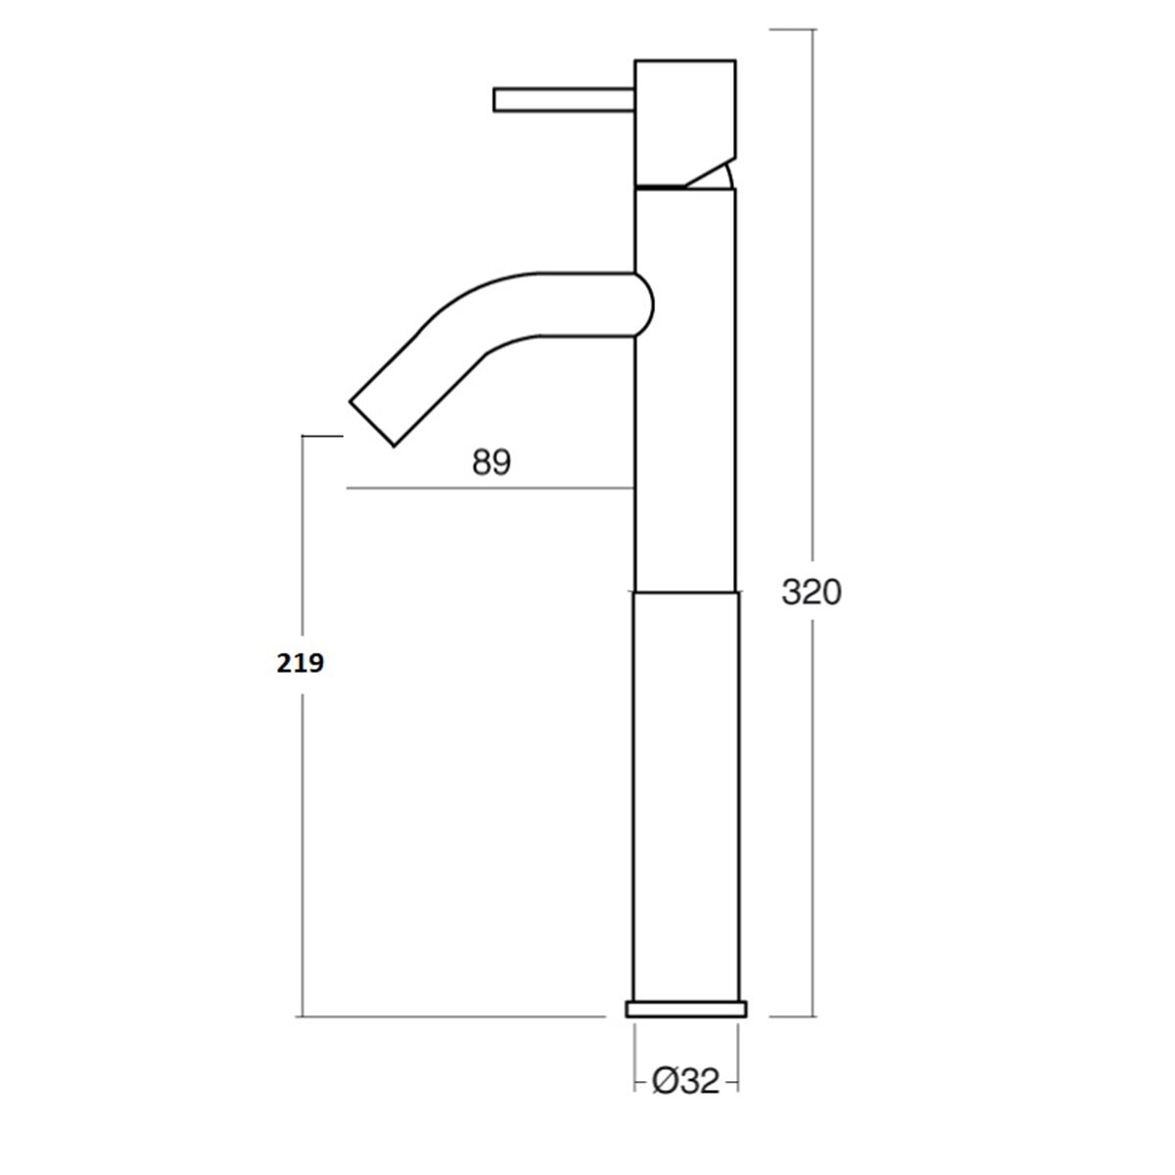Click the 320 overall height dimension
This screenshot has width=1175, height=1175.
point(811,591)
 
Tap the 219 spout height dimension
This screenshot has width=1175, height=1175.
point(300,663)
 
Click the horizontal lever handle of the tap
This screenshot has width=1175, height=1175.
point(564,100)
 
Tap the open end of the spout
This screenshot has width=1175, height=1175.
point(371,424)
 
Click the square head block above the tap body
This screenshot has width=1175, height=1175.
point(685,122)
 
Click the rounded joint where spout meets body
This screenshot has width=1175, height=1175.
point(645,305)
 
